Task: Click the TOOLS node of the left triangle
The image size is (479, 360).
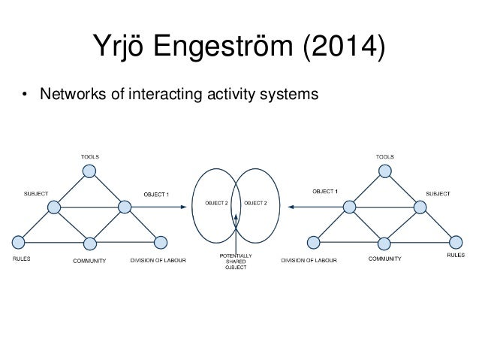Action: tap(89, 171)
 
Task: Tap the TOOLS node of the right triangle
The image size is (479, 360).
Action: tap(384, 171)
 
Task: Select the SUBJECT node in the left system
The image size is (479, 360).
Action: tap(54, 207)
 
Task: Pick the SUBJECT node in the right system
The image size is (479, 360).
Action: tap(418, 207)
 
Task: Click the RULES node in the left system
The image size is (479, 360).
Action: tap(18, 242)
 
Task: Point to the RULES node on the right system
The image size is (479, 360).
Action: tap(454, 242)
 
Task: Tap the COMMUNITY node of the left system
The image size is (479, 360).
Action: tap(89, 242)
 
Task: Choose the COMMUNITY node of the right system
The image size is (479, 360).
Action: tap(384, 242)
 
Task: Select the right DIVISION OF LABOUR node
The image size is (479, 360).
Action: tap(313, 242)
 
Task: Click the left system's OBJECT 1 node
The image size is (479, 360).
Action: tap(123, 207)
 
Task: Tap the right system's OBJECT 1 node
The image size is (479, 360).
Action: tap(348, 207)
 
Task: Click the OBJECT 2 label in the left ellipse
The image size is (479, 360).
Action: tap(216, 202)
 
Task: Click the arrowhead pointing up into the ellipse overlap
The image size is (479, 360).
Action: tap(236, 216)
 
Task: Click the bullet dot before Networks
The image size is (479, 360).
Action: tap(25, 95)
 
